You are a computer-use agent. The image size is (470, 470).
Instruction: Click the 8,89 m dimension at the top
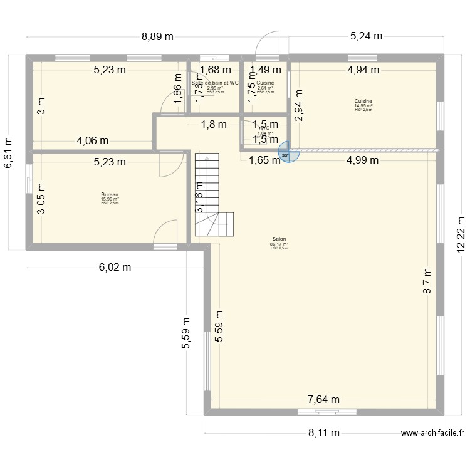click(157, 36)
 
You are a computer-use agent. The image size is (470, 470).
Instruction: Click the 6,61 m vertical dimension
click(8, 152)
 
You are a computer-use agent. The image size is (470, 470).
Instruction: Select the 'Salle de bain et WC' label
click(215, 83)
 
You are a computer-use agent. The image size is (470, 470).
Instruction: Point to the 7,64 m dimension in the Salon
click(323, 399)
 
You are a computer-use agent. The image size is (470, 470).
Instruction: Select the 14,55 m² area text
click(363, 106)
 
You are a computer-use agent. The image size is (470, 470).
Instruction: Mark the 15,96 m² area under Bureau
click(110, 199)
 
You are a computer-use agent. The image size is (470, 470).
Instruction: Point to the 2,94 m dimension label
click(299, 113)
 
